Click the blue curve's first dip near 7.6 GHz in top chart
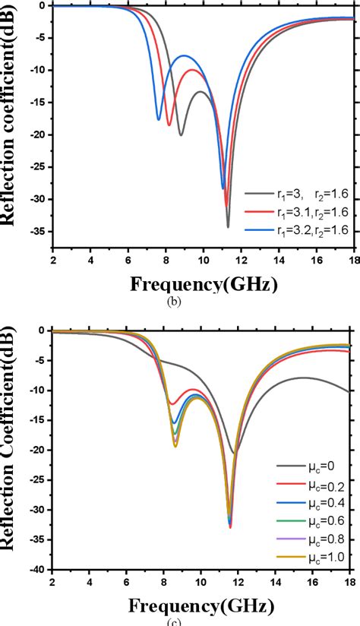click(x=159, y=119)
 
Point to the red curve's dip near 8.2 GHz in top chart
click(x=169, y=125)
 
